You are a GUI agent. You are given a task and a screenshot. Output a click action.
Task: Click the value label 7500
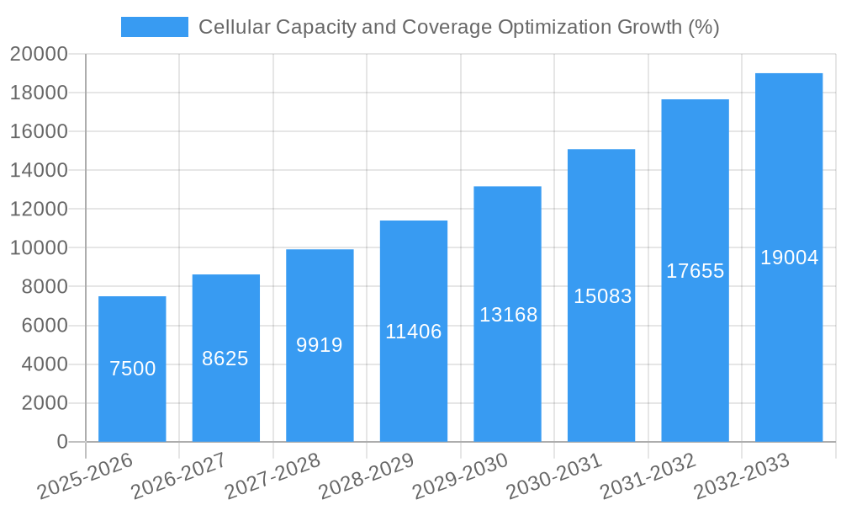coord(133,369)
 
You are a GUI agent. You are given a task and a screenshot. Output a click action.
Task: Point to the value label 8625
coord(225,359)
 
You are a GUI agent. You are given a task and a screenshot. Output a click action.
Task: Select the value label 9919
coord(320,345)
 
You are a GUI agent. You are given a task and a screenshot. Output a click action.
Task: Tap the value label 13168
coord(508,315)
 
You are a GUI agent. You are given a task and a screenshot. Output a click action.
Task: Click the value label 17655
coord(696,271)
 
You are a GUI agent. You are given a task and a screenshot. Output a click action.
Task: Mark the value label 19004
coord(789,258)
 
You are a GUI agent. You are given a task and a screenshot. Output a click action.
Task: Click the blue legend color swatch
coord(155,27)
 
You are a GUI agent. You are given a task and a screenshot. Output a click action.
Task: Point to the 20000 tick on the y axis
coord(39,54)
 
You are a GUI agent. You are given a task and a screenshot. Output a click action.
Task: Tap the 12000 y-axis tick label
coord(39,209)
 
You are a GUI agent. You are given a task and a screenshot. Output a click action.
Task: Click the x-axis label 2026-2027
coord(178,476)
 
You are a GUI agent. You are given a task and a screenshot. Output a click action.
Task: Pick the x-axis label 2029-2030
coord(460,476)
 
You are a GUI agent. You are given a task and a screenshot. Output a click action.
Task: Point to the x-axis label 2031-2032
coord(648,476)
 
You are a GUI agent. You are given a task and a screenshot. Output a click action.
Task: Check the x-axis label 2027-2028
coord(272,476)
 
